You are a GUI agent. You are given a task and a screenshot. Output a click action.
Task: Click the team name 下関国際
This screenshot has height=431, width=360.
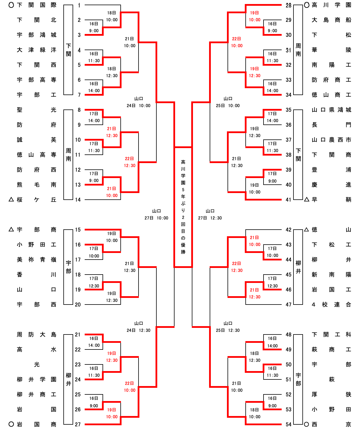click(37, 5)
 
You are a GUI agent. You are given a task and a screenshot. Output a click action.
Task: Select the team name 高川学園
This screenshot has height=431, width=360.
click(331, 5)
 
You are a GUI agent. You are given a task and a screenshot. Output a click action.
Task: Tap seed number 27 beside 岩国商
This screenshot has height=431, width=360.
click(78, 424)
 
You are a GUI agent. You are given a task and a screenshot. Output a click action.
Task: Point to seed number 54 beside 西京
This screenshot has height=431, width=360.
click(289, 424)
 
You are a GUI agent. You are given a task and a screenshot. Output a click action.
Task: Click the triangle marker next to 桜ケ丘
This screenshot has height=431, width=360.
click(11, 199)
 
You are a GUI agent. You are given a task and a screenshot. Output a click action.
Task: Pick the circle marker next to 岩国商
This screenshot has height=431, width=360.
click(11, 424)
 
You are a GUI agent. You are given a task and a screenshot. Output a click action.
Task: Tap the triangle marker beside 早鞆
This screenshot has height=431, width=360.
click(307, 199)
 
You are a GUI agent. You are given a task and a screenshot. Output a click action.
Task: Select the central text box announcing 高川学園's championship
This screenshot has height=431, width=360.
click(183, 207)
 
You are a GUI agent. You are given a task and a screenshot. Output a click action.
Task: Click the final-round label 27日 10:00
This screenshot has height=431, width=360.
click(156, 218)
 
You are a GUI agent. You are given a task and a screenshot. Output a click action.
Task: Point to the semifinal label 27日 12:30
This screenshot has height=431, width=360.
click(210, 218)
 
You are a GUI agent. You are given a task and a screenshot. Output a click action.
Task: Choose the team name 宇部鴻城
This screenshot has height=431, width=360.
click(37, 35)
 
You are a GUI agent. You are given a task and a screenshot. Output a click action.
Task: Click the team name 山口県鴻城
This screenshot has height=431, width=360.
click(331, 110)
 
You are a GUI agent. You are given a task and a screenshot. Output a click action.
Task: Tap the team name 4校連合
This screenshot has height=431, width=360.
click(331, 305)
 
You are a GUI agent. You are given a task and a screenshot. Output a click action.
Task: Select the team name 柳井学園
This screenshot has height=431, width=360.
click(37, 379)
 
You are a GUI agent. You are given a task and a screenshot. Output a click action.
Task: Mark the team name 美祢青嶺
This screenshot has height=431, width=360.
click(37, 260)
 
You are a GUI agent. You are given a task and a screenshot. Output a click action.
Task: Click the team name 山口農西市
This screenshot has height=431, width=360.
click(331, 140)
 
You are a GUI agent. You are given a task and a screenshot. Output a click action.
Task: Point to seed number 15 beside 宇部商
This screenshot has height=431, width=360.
click(78, 230)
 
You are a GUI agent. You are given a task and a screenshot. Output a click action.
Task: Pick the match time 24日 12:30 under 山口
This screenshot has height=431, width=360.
click(139, 330)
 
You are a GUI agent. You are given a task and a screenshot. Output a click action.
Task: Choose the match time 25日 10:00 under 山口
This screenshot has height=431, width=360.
click(228, 106)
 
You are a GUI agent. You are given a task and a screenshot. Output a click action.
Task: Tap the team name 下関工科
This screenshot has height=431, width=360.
click(331, 334)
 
